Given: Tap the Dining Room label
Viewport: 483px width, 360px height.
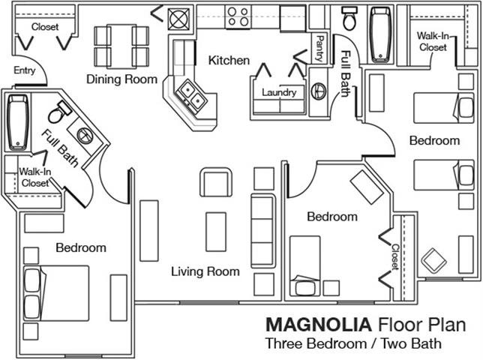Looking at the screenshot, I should [x=121, y=79].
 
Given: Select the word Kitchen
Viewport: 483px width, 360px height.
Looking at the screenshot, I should [x=229, y=60].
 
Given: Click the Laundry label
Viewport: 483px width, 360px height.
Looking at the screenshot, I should [x=279, y=93].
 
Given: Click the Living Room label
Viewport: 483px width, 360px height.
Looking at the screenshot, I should [x=205, y=271].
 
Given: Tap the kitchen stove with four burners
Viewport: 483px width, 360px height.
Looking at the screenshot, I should [x=238, y=16].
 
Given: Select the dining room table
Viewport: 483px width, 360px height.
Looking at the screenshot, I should [x=121, y=46].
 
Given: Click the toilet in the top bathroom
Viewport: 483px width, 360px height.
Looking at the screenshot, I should [x=349, y=16].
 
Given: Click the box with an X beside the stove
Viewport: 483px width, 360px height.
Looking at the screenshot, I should [x=181, y=16].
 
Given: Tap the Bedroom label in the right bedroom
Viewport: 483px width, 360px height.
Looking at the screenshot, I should [x=434, y=140].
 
